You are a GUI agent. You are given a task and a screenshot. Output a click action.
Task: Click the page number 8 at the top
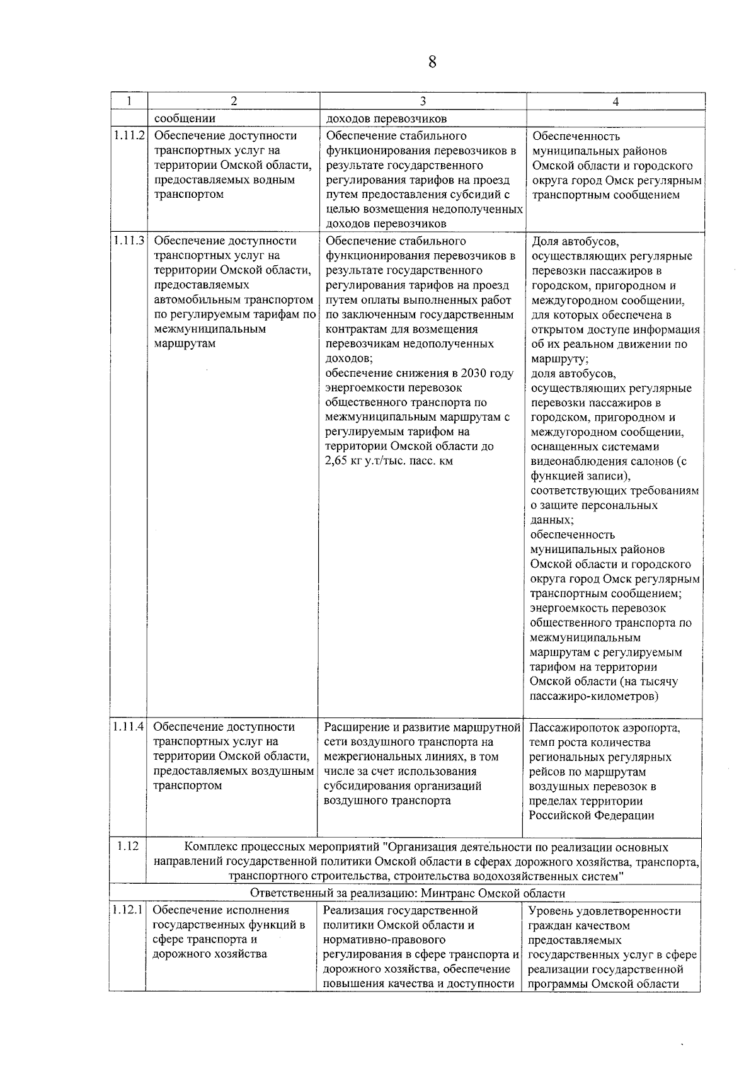point(432,62)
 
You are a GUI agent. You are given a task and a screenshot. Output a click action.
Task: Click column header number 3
point(423,101)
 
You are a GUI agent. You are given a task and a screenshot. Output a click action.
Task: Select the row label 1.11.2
point(129,135)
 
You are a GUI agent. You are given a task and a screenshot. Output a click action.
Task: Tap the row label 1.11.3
point(129,241)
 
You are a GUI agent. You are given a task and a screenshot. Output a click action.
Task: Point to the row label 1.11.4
point(129,727)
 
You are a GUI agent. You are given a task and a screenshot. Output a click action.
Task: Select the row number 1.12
point(127,847)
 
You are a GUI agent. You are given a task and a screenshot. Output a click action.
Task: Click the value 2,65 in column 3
point(338,461)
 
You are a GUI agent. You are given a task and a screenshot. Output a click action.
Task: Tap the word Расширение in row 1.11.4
point(353,727)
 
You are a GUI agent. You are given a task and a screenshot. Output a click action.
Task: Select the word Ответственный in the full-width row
point(287,893)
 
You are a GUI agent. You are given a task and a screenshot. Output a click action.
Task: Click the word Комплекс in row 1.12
point(215,848)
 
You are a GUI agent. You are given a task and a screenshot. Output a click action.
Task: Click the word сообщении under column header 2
point(185,118)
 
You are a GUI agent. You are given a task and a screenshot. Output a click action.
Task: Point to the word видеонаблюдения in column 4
point(576,462)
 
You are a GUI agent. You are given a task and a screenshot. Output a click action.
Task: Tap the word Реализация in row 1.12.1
point(352,910)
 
